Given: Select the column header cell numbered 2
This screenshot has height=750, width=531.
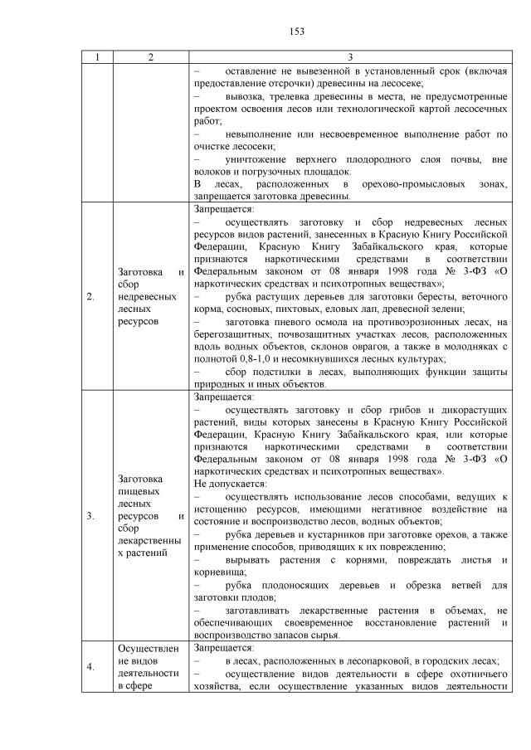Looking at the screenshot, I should click(150, 57).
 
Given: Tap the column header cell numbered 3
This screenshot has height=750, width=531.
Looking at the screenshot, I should click(350, 57).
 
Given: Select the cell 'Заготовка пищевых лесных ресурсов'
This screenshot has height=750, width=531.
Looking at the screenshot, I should click(150, 515).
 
